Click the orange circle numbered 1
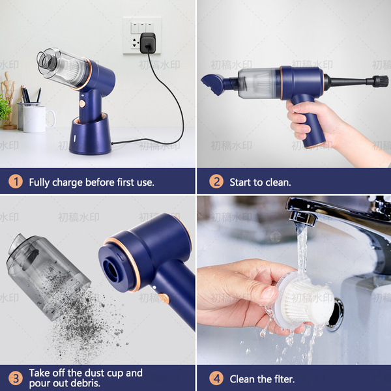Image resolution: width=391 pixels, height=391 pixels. point(16,182)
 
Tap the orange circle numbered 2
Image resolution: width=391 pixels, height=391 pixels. point(216,182)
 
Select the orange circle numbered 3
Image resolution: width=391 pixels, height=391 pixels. point(16,378)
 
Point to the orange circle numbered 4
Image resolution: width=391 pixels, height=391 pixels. point(216,378)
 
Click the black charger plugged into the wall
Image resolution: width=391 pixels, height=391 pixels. point(148,43)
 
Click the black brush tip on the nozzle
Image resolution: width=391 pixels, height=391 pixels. point(381,81)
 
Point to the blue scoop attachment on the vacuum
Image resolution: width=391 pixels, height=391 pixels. point(212,84)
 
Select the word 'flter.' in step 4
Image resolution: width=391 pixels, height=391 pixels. point(284,379)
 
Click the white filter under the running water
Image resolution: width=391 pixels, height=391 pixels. point(305,300)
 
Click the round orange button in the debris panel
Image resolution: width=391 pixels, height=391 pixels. point(164,298)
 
